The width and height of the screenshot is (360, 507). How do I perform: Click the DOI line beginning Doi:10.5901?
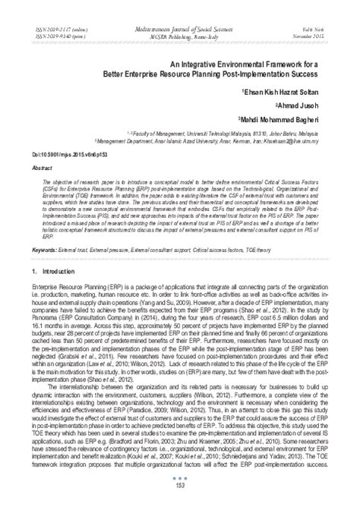[58, 153]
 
